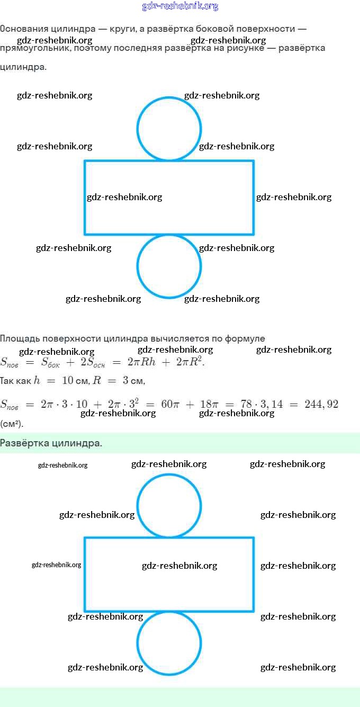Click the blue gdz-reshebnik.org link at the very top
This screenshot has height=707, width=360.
180,6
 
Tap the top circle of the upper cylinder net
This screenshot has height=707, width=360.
169,128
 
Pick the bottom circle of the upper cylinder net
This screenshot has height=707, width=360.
169,266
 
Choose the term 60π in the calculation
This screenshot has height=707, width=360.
170,405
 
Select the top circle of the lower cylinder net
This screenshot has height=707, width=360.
169,505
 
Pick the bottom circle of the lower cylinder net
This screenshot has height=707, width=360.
169,643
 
